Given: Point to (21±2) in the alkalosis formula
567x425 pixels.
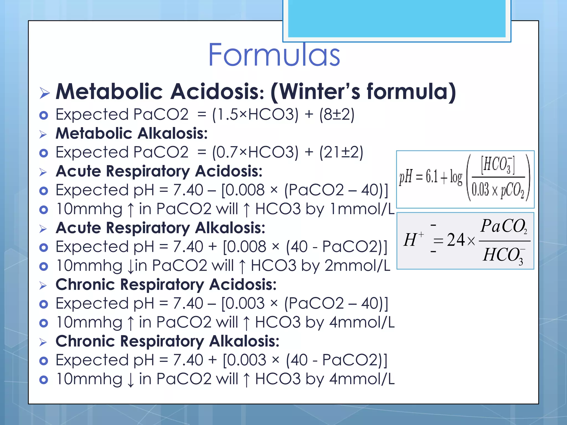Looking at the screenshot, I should point(341,152).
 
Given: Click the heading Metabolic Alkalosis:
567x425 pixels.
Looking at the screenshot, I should point(132,134).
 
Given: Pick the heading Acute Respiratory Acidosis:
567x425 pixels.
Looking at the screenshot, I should point(159,171).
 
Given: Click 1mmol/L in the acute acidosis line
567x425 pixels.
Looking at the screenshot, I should point(362,209).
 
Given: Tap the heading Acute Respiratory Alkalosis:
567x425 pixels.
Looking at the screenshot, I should point(160,228).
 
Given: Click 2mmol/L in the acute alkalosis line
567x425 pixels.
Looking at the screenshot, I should point(357,266).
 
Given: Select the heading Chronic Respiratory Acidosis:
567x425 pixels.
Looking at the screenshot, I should point(166,285).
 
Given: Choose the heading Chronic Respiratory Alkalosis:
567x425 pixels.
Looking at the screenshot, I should point(167,341).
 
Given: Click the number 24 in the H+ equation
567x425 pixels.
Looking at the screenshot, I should point(456,240).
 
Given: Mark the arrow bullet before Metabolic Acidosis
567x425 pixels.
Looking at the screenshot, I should point(44,93).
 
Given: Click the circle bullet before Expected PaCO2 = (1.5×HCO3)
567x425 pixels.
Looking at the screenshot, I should point(44,115).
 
